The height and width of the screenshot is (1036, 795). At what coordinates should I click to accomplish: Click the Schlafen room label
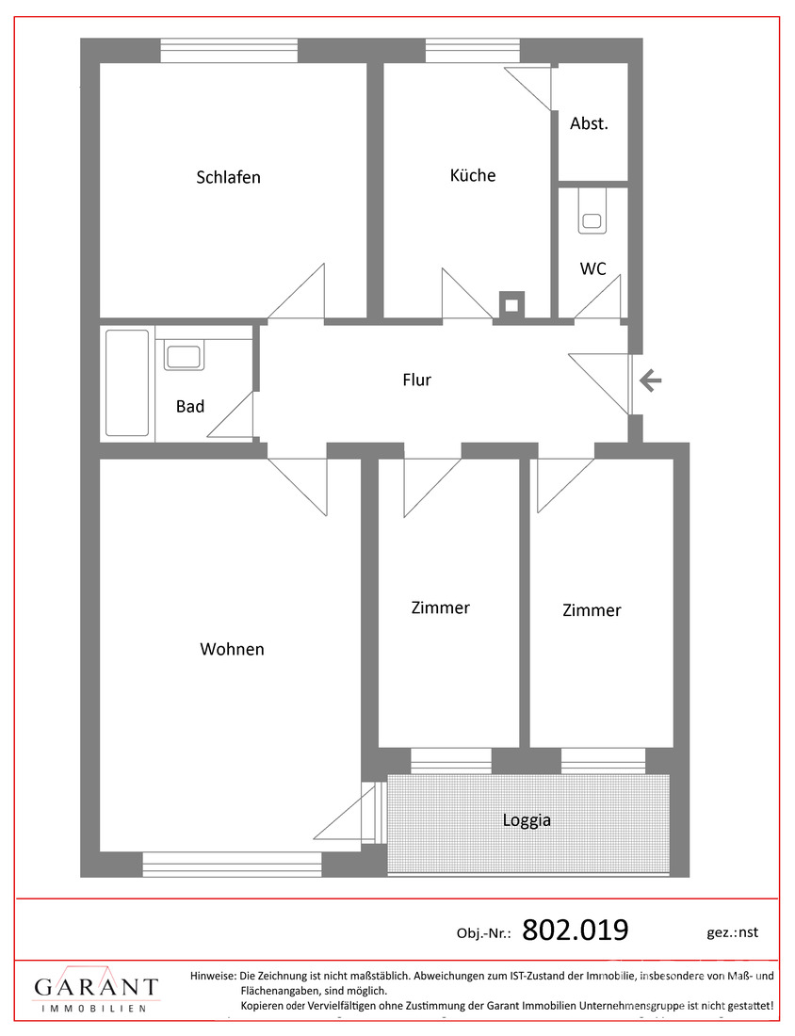click(x=228, y=177)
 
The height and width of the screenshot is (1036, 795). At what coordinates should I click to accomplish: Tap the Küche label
click(x=473, y=175)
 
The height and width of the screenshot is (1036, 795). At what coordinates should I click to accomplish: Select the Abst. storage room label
click(x=590, y=123)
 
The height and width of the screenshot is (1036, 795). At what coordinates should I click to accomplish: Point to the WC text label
click(x=592, y=268)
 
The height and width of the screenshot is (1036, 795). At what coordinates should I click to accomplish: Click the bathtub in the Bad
click(x=127, y=382)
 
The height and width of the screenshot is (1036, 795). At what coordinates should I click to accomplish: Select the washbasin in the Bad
click(x=183, y=357)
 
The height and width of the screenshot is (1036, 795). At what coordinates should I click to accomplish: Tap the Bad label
click(x=190, y=407)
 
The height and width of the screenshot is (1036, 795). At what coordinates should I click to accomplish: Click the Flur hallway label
click(x=416, y=380)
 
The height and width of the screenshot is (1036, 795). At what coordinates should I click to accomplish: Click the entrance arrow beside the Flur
click(x=651, y=380)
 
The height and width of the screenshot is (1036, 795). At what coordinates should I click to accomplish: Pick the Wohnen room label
click(x=232, y=649)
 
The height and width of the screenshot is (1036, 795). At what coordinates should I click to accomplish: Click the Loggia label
click(x=527, y=820)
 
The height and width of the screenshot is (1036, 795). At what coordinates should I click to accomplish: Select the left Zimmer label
click(x=440, y=607)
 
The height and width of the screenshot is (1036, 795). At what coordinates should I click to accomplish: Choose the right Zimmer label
click(x=592, y=610)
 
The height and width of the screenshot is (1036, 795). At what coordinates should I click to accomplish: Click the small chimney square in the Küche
click(x=511, y=304)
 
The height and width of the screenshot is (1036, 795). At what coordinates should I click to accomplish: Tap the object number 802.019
click(x=575, y=931)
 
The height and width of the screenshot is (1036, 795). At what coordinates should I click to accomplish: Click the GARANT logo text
click(x=96, y=987)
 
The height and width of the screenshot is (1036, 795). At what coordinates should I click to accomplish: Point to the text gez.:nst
click(x=732, y=932)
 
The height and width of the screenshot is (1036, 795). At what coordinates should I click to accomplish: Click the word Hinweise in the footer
click(x=212, y=976)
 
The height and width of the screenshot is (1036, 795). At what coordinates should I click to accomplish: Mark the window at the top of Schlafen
click(x=229, y=50)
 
